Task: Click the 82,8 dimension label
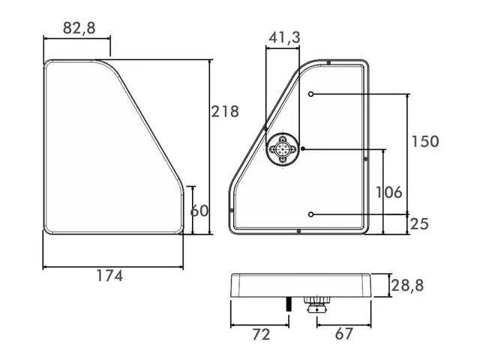[x=79, y=28]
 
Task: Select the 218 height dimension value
[x=225, y=112]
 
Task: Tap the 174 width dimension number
[x=109, y=275]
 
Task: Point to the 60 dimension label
[x=199, y=211]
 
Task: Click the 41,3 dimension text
[x=285, y=37]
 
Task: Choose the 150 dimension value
[x=425, y=142]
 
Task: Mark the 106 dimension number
[x=389, y=192]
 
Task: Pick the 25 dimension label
[x=419, y=224]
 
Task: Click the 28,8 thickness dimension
[x=407, y=286]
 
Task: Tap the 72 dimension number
[x=262, y=334]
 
